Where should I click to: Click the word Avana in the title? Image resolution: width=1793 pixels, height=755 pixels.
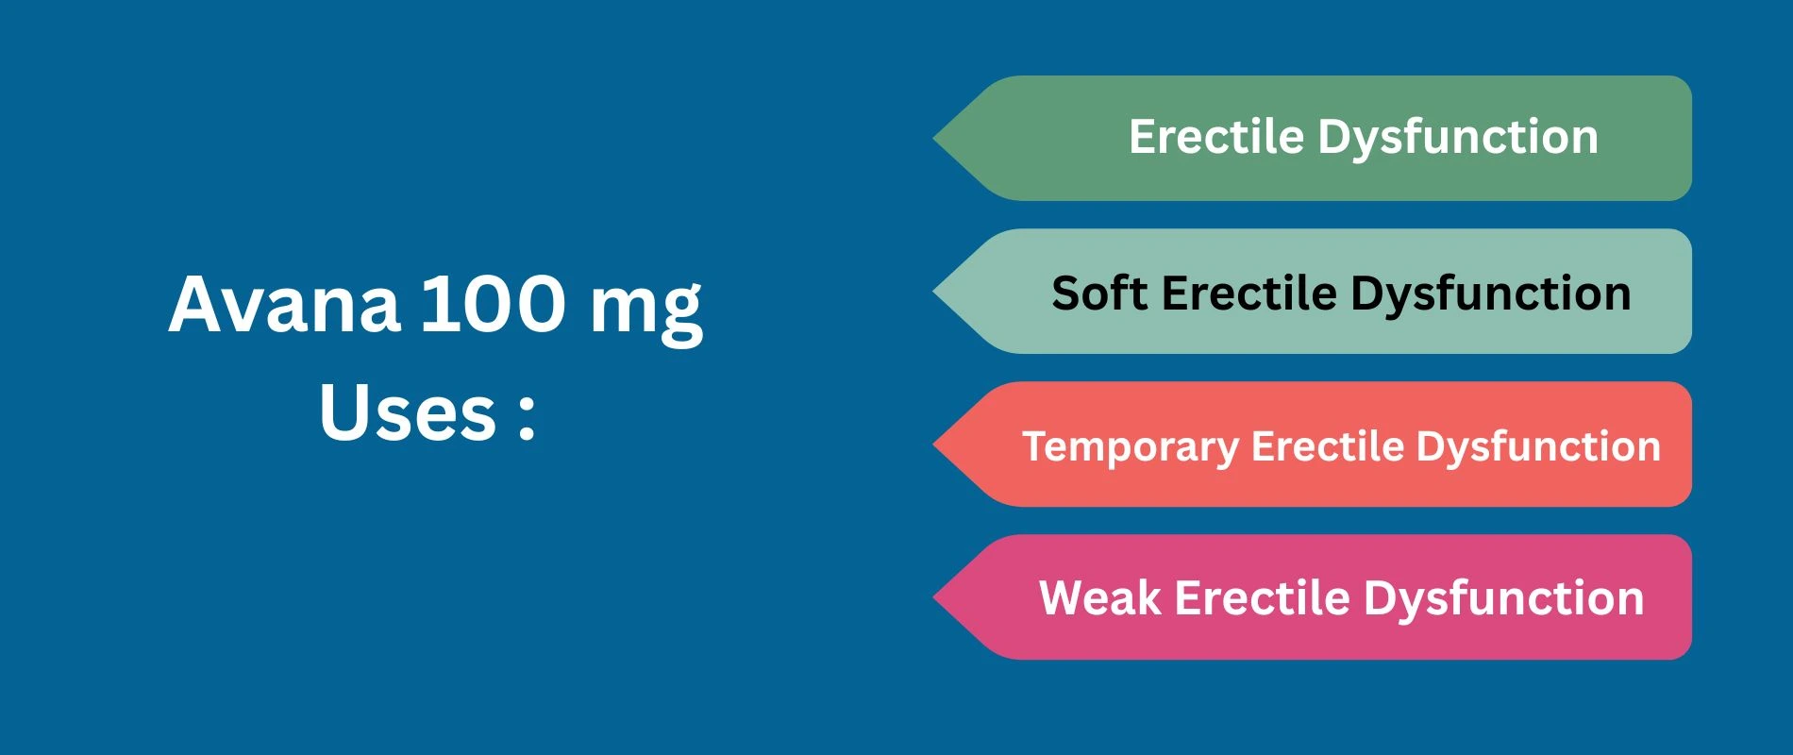point(284,304)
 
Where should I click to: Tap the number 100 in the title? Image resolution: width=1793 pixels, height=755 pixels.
point(492,304)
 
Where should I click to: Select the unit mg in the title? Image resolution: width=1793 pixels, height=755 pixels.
point(646,310)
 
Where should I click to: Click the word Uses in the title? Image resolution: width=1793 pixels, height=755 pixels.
point(408,412)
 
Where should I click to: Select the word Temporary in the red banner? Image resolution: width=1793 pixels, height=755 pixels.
point(1131,447)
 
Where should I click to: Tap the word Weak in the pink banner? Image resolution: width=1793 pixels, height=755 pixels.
point(1099,598)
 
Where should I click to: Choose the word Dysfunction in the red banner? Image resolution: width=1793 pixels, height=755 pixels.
point(1538,447)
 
